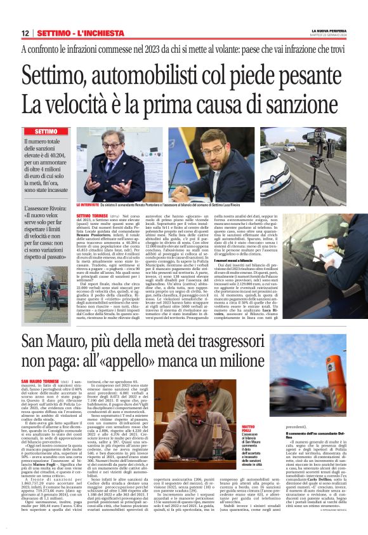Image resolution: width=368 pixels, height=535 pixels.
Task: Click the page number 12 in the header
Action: click(25, 32)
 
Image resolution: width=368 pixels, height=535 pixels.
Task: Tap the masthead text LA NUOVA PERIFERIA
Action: click(327, 30)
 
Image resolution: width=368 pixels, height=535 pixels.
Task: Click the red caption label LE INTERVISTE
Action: click(87, 205)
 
